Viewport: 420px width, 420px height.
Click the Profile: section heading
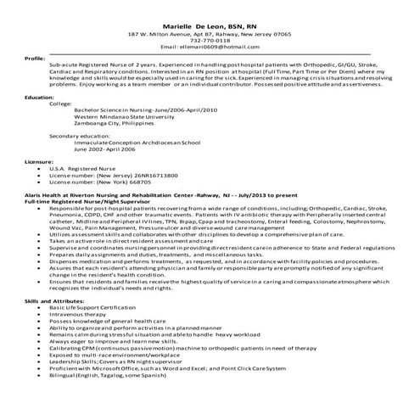(x=35, y=59)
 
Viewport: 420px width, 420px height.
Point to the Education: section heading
(x=39, y=98)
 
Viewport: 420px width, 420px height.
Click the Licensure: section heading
(x=39, y=160)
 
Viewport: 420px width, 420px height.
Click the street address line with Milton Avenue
(x=209, y=33)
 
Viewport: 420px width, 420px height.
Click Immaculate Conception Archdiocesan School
(x=144, y=142)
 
